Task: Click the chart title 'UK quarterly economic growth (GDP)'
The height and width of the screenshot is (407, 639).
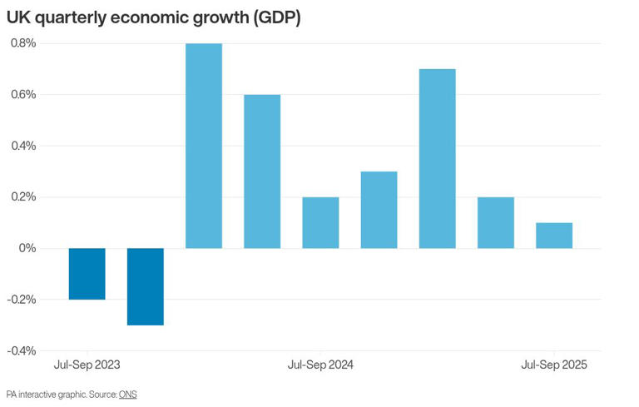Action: click(x=153, y=17)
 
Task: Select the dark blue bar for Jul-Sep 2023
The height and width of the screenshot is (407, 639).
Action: click(x=87, y=274)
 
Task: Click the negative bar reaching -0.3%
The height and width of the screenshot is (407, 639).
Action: click(x=145, y=286)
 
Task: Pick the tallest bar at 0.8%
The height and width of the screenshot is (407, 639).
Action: click(x=203, y=146)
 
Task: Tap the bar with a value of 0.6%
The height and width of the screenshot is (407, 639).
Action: click(x=262, y=171)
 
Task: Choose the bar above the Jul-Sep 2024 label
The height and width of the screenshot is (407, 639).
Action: click(x=320, y=223)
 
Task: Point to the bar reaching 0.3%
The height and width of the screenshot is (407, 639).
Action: click(x=379, y=210)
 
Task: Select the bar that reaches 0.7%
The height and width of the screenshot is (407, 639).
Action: click(x=437, y=158)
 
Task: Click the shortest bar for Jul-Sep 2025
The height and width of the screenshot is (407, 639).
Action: click(x=554, y=236)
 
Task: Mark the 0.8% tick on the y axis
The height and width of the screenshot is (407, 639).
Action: click(x=22, y=43)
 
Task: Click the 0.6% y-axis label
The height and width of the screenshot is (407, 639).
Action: click(x=22, y=95)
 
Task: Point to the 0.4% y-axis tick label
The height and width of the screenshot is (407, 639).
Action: click(x=22, y=146)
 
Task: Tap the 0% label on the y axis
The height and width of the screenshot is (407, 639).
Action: click(x=27, y=248)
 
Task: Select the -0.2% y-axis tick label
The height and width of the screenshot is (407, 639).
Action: click(x=21, y=300)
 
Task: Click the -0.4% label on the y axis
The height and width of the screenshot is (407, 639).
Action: click(x=21, y=350)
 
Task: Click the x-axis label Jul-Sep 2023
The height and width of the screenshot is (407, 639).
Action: click(x=87, y=365)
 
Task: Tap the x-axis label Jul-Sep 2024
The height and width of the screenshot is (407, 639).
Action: click(x=320, y=365)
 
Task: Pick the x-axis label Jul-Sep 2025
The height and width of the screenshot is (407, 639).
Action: click(x=554, y=365)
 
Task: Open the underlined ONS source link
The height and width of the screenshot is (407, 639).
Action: click(x=127, y=395)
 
